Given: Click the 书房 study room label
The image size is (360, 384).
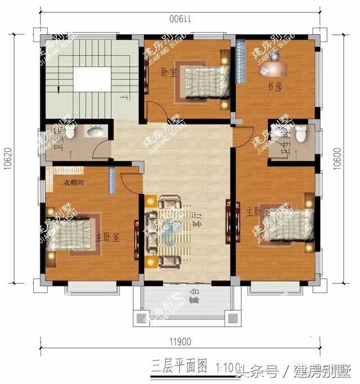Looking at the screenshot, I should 274,87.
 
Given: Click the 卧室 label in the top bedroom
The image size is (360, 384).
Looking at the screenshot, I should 165,73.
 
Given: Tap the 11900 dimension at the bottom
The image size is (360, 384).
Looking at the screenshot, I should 179,341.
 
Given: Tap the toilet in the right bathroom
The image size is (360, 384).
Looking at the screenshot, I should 301,134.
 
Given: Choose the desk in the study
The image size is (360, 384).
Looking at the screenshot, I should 274,69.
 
